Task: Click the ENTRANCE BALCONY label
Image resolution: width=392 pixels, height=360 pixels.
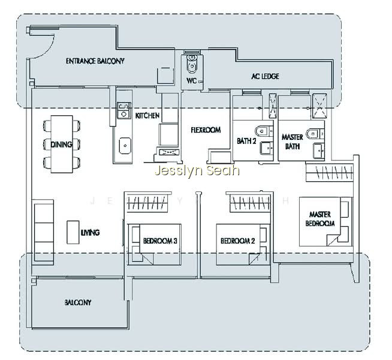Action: tap(95, 61)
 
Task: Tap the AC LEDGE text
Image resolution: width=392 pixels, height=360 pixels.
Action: tap(265, 76)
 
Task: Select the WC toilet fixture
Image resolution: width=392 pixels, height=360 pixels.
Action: tap(192, 64)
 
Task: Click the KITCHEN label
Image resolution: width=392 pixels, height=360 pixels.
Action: tap(147, 115)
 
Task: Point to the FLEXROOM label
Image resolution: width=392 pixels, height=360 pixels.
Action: tap(206, 130)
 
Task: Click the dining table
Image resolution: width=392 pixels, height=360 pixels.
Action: tap(62, 144)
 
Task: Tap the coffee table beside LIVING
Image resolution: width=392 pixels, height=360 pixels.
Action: tap(73, 232)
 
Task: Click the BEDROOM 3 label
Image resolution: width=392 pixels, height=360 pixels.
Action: tap(160, 241)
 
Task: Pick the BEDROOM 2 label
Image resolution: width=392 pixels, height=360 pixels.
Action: tap(238, 241)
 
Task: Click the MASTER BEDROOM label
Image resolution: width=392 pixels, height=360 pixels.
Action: tap(320, 218)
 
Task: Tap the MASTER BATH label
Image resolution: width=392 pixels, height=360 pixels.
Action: tap(293, 142)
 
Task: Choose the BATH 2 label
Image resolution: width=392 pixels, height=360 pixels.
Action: tap(246, 141)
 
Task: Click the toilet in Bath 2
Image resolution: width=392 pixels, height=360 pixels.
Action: tap(262, 131)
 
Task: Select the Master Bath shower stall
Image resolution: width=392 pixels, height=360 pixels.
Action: tap(319, 106)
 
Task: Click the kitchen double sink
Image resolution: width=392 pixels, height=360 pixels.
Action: tap(123, 110)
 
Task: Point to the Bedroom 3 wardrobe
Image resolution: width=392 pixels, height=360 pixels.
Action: tap(147, 202)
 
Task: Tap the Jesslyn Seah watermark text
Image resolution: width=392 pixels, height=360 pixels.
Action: tap(197, 170)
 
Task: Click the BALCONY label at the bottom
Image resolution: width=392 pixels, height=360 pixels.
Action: tap(78, 302)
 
